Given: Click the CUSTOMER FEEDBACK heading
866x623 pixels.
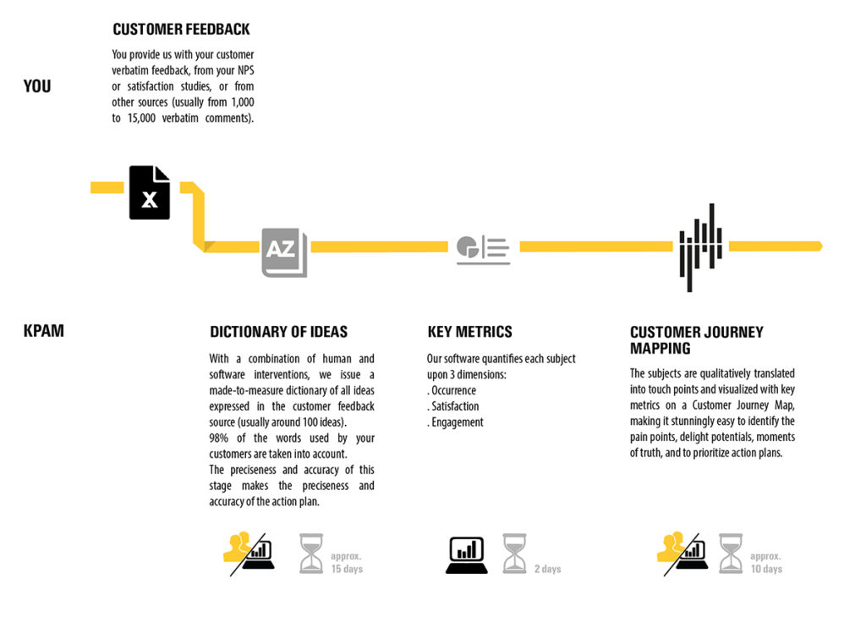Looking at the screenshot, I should (181, 30).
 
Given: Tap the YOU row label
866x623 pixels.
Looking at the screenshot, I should (37, 86).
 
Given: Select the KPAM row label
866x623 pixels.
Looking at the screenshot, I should (44, 331).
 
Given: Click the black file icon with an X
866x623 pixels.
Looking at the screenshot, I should (150, 193).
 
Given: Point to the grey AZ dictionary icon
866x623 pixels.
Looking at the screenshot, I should (284, 252).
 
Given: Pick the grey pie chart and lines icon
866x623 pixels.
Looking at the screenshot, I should (483, 250).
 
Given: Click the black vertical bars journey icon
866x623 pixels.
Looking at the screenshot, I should (700, 247).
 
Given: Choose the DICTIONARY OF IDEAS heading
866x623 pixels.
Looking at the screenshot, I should (278, 332).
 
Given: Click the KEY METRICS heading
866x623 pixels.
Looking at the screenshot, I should (469, 332).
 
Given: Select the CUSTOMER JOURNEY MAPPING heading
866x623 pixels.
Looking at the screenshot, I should (696, 339).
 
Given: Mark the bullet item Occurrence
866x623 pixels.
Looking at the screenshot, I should (453, 391).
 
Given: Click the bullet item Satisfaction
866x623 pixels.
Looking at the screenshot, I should (454, 406).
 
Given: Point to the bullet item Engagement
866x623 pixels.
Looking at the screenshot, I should (457, 422).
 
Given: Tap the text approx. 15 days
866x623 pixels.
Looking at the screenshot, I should (347, 563).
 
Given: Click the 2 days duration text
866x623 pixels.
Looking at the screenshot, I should (547, 569).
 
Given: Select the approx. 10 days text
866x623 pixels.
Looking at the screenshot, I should (766, 563).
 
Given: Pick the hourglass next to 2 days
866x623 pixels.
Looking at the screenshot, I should (514, 554).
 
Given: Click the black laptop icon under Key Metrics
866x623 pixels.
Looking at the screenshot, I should (467, 555).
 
